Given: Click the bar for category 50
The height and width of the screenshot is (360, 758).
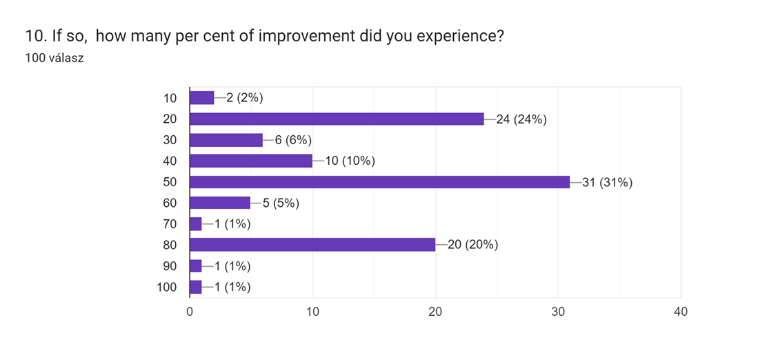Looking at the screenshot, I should (x=380, y=182).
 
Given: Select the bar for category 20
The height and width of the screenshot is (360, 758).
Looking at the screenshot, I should (x=337, y=119).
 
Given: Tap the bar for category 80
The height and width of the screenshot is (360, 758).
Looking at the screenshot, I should (x=312, y=245).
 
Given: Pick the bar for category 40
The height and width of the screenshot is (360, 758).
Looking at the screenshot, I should (x=251, y=161).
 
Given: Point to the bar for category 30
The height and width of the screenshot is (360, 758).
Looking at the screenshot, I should (x=226, y=140).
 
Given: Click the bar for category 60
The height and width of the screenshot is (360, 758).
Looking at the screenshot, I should (x=220, y=203).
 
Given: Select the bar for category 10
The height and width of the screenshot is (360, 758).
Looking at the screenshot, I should (x=202, y=98).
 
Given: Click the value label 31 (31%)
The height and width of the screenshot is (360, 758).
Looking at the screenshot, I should (x=608, y=182).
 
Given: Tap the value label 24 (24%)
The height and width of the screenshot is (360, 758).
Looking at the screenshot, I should (x=521, y=119).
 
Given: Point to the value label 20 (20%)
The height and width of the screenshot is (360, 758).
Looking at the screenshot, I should (x=473, y=245).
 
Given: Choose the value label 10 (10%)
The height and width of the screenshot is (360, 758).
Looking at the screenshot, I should (x=350, y=161).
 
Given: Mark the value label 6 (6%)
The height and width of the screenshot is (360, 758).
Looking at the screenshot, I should (x=294, y=140).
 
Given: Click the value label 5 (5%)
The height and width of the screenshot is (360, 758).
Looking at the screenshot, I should (x=281, y=203).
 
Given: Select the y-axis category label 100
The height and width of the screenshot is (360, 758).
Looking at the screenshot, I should (x=167, y=287).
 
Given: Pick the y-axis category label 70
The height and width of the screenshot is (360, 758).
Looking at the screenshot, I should (x=170, y=224).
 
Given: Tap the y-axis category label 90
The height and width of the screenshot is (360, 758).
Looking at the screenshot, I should (x=170, y=266).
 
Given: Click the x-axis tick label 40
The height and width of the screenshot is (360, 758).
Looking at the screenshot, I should (x=681, y=312).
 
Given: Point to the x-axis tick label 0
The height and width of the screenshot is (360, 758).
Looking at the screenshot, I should (x=190, y=312).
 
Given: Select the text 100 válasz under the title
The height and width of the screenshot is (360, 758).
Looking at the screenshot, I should (x=54, y=58).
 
